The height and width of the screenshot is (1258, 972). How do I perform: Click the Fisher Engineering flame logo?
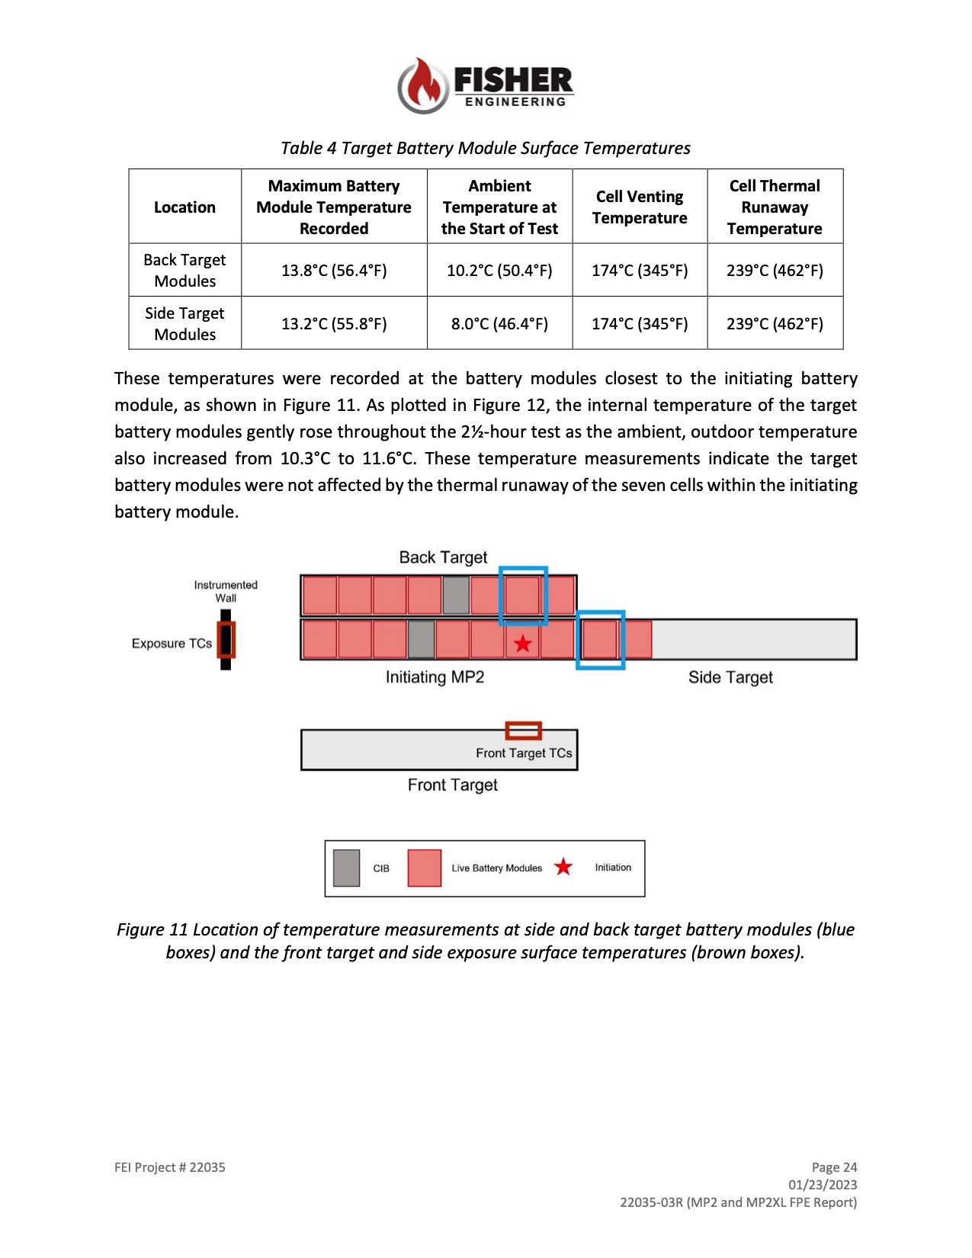click(x=423, y=85)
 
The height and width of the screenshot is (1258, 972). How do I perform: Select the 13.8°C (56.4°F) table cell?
click(x=334, y=271)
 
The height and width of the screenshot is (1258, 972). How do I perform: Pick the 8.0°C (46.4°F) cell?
click(x=499, y=323)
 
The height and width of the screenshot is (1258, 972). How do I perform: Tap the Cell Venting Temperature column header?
click(x=640, y=207)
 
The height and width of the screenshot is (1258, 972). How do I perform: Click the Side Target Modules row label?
click(x=184, y=323)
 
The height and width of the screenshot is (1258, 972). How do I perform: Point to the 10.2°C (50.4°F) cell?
click(x=499, y=271)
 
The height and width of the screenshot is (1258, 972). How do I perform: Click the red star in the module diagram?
click(x=523, y=643)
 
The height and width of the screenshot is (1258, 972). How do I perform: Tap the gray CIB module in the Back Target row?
click(x=456, y=595)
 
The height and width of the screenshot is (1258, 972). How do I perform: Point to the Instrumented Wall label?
click(x=226, y=591)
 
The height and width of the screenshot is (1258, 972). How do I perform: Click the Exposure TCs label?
click(x=172, y=643)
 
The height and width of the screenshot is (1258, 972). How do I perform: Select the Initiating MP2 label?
click(x=435, y=677)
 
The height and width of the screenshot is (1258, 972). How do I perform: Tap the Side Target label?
click(x=730, y=677)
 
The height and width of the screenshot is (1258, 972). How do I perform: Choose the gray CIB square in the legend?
click(x=346, y=868)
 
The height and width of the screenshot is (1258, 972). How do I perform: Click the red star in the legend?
click(x=563, y=867)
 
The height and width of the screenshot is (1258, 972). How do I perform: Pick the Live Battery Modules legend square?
click(x=425, y=868)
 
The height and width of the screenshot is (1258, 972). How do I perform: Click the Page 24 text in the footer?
click(x=834, y=1167)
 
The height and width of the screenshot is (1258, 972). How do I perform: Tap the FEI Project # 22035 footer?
click(x=169, y=1167)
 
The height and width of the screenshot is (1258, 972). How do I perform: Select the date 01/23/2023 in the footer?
click(x=823, y=1185)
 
